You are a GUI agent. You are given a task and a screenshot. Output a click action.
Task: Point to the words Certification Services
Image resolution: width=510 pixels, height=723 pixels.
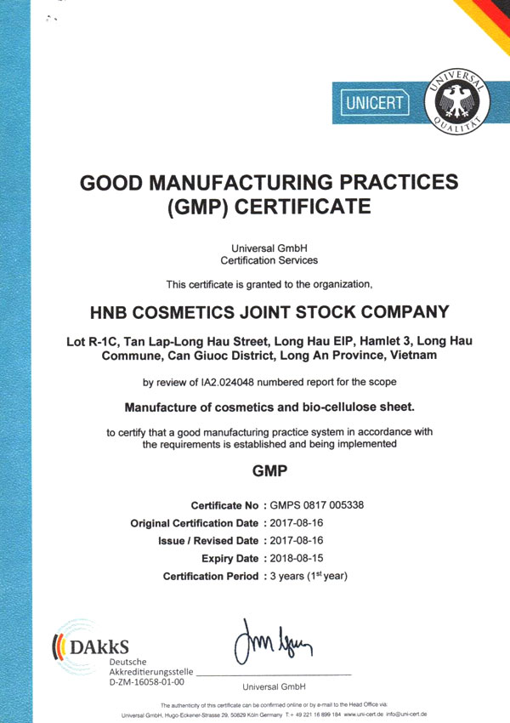[x=269, y=259]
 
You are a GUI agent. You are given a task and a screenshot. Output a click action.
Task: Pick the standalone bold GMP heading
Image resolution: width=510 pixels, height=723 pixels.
[x=269, y=470]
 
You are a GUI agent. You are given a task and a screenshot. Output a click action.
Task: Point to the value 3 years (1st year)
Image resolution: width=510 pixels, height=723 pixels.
[x=309, y=576]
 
